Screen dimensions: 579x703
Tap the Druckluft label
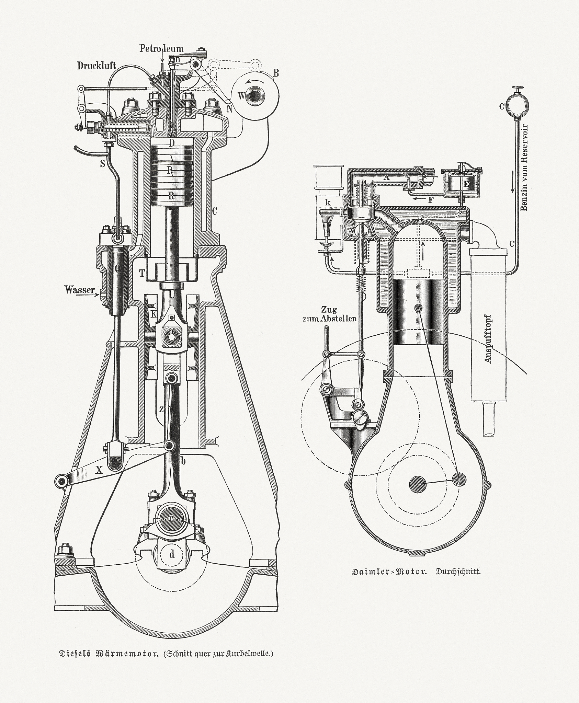coord(96,65)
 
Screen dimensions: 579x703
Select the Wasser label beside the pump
coord(79,290)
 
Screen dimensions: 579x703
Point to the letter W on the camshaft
coord(241,96)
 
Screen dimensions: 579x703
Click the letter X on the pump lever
coord(99,470)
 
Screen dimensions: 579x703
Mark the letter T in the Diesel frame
coord(141,273)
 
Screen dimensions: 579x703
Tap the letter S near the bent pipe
coord(102,164)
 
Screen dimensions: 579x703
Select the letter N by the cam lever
coord(229,109)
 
